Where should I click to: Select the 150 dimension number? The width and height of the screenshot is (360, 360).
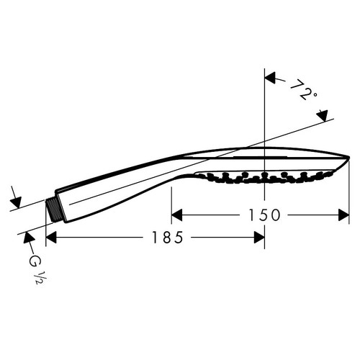pos(262,215)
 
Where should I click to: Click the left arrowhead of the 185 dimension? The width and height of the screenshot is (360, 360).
pos(53,237)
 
